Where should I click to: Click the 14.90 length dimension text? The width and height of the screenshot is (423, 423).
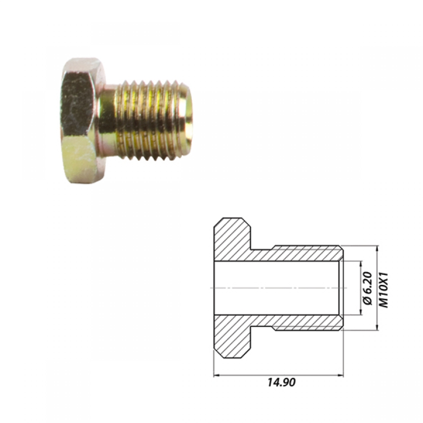[x=282, y=382]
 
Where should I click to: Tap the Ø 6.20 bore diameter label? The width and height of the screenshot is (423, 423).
[x=368, y=289]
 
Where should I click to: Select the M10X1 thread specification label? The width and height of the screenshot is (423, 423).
[x=384, y=290]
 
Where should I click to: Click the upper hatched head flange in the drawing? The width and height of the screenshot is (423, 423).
[x=233, y=239]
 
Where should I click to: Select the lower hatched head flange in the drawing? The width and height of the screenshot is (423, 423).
[x=233, y=337]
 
